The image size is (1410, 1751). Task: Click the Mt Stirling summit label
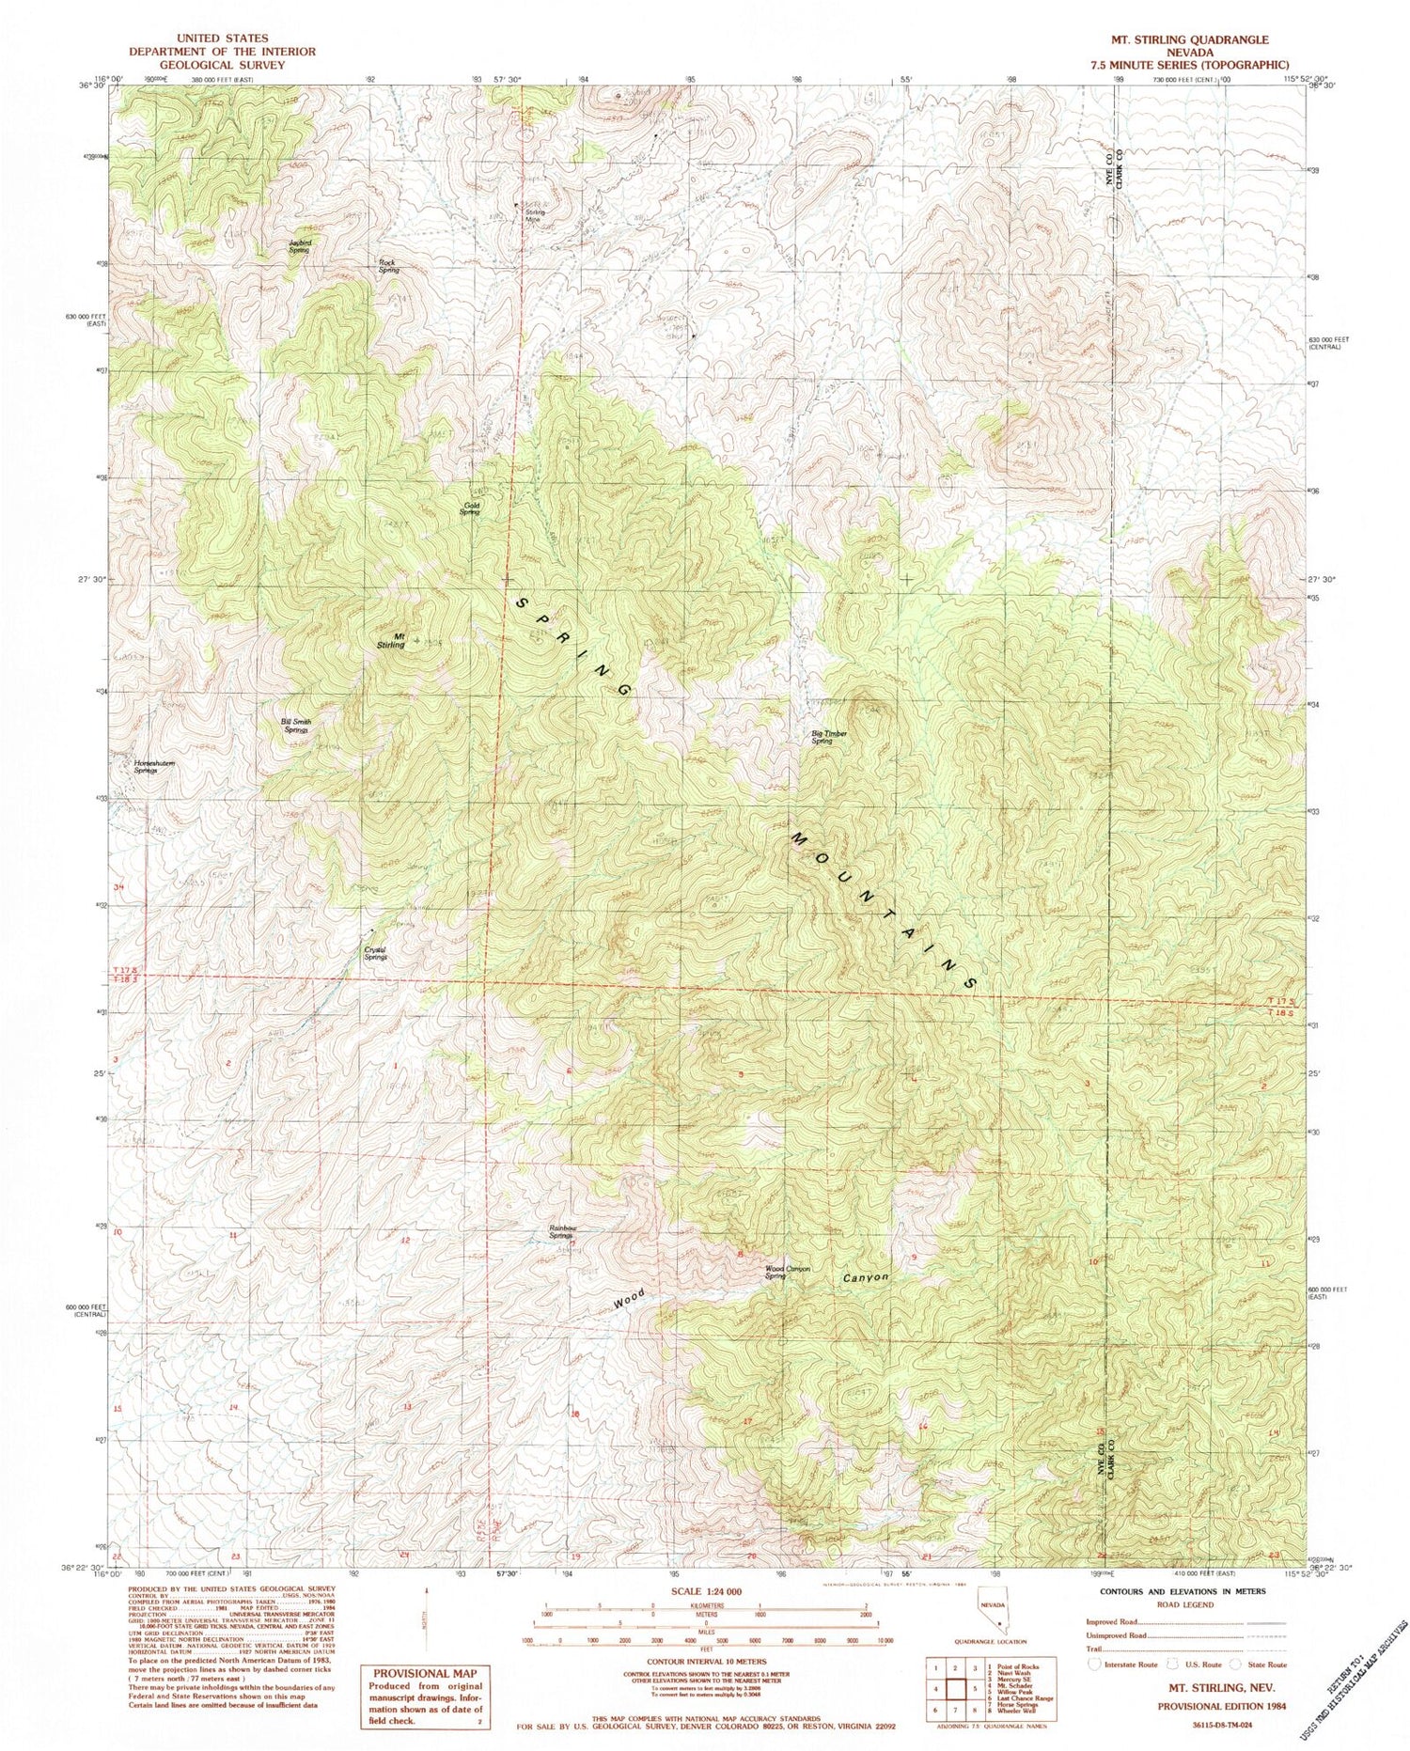coord(391,640)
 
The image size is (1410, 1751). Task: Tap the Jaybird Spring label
coord(299,247)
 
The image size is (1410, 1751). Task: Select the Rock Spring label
coord(388,266)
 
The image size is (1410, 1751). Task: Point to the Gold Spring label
coord(471,508)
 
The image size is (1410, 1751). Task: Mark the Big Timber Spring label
coord(823,738)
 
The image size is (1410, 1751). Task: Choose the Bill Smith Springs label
coord(296,726)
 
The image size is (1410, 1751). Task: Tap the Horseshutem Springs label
coord(153,766)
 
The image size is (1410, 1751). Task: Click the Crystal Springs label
coord(375,952)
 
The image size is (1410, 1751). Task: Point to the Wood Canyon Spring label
coord(788,1272)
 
